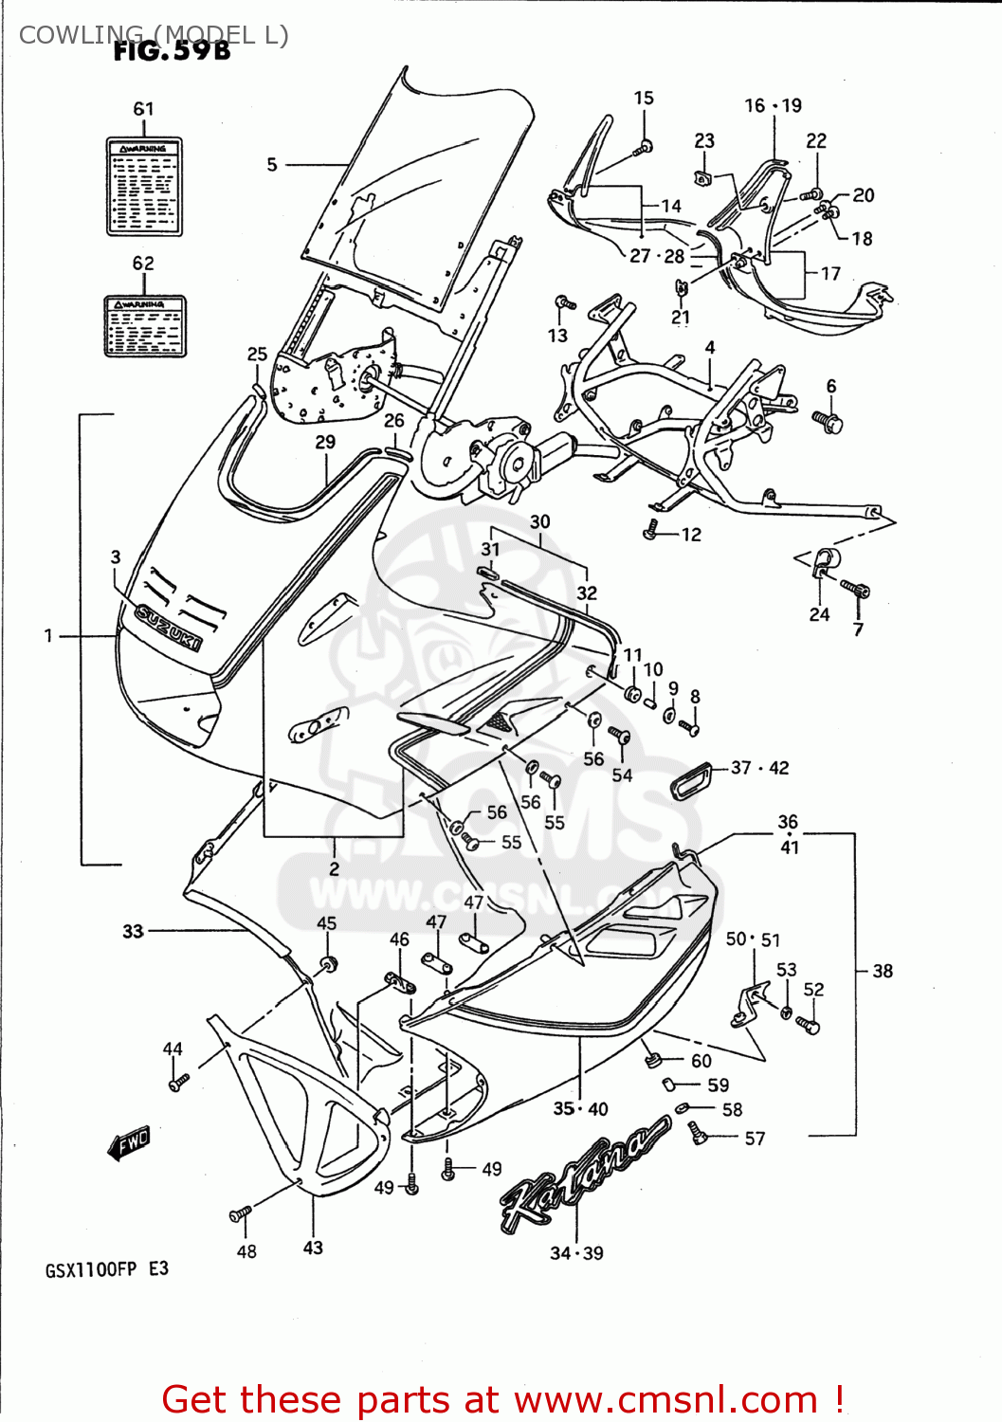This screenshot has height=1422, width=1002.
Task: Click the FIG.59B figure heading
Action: point(172,51)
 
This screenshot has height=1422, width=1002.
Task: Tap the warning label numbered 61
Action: point(144,187)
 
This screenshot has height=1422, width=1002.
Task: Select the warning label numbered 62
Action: point(145,326)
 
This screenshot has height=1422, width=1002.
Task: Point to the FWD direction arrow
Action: point(129,1143)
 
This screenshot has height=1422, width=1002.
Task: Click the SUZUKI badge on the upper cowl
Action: point(169,628)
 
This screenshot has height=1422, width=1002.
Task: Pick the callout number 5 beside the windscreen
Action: point(272,165)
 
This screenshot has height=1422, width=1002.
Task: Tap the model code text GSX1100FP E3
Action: point(106,1269)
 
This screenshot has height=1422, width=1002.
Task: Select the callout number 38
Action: point(883,971)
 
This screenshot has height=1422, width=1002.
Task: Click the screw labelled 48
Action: point(241,1213)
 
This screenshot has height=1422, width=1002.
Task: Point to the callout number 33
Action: point(133,931)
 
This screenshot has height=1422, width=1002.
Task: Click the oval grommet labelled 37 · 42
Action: point(694,780)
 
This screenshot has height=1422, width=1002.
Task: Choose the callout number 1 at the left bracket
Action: point(48,635)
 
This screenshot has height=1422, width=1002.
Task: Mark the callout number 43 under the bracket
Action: point(313,1248)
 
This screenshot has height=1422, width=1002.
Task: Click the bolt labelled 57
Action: point(699,1132)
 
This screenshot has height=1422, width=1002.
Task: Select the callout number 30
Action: point(539,521)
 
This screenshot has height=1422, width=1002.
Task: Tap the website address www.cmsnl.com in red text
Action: point(665,1399)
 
